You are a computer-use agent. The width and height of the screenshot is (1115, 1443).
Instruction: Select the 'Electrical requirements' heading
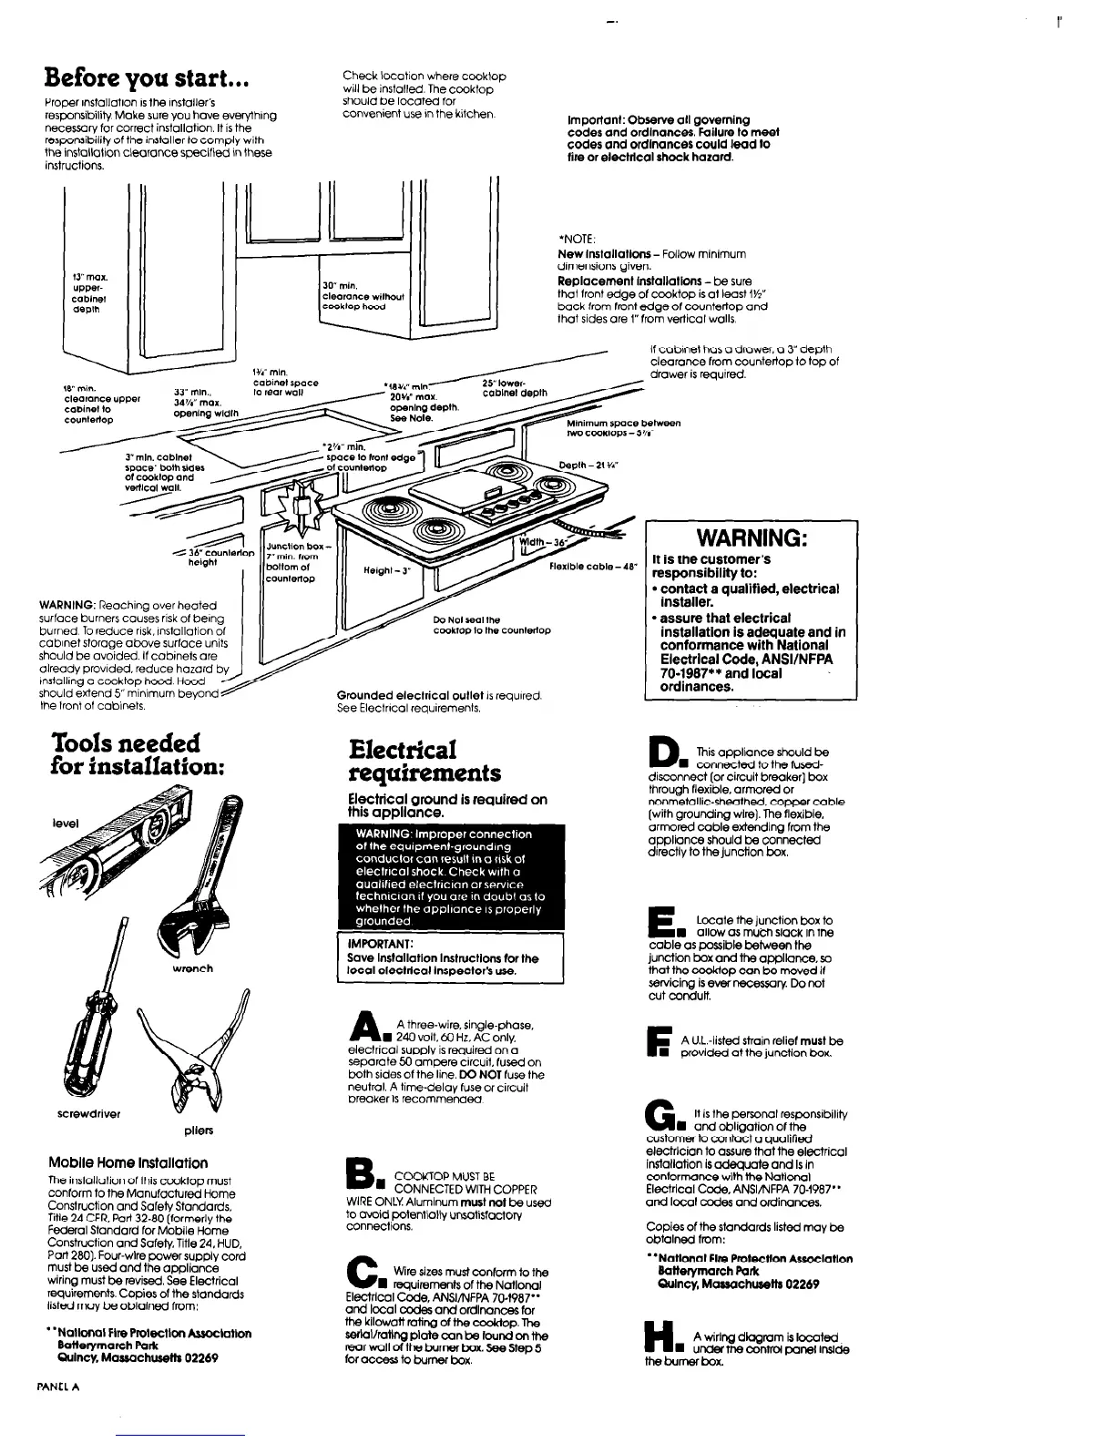(425, 762)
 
